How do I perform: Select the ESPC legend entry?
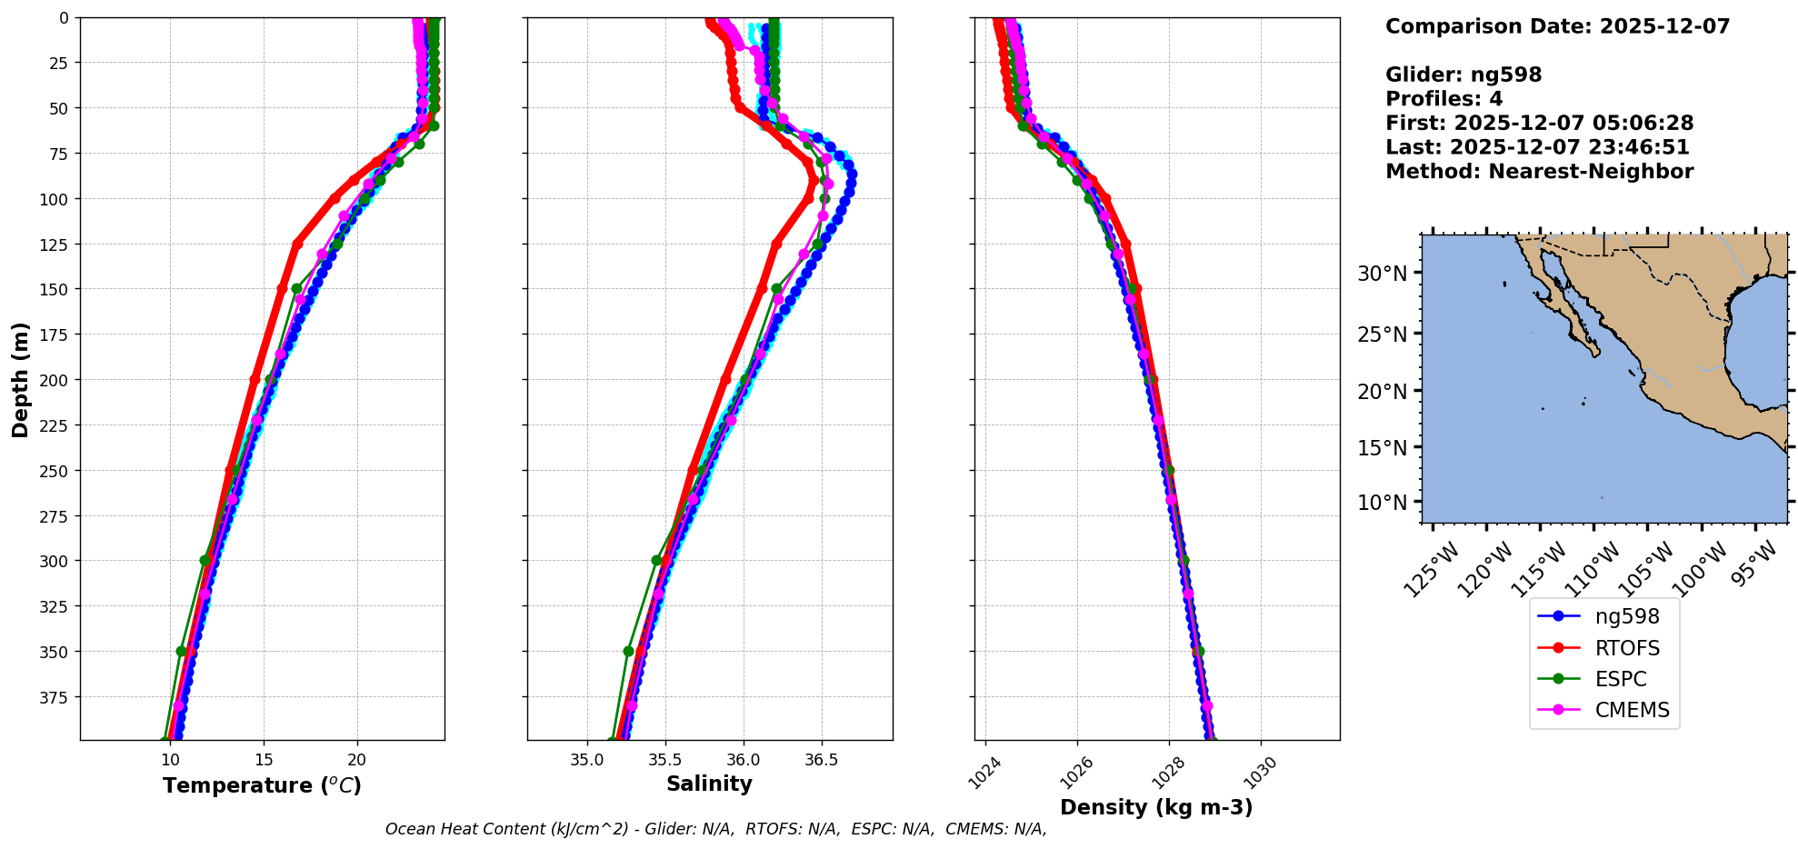click(x=1620, y=679)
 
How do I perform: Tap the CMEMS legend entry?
click(x=1632, y=710)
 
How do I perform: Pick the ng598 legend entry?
click(x=1626, y=616)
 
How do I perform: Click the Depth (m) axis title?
click(x=20, y=379)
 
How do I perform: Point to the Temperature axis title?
click(x=262, y=785)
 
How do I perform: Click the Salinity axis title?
click(x=709, y=784)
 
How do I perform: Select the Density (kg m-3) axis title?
click(x=1156, y=807)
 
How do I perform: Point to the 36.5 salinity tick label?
click(x=821, y=760)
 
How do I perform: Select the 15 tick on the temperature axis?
click(x=264, y=760)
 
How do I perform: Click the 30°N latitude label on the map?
click(x=1382, y=274)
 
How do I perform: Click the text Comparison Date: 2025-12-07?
click(x=1557, y=26)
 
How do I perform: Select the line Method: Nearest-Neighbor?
click(x=1539, y=172)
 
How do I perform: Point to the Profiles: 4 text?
click(x=1443, y=99)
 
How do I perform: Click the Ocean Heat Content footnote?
click(x=715, y=829)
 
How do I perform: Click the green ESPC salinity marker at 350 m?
click(x=628, y=651)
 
